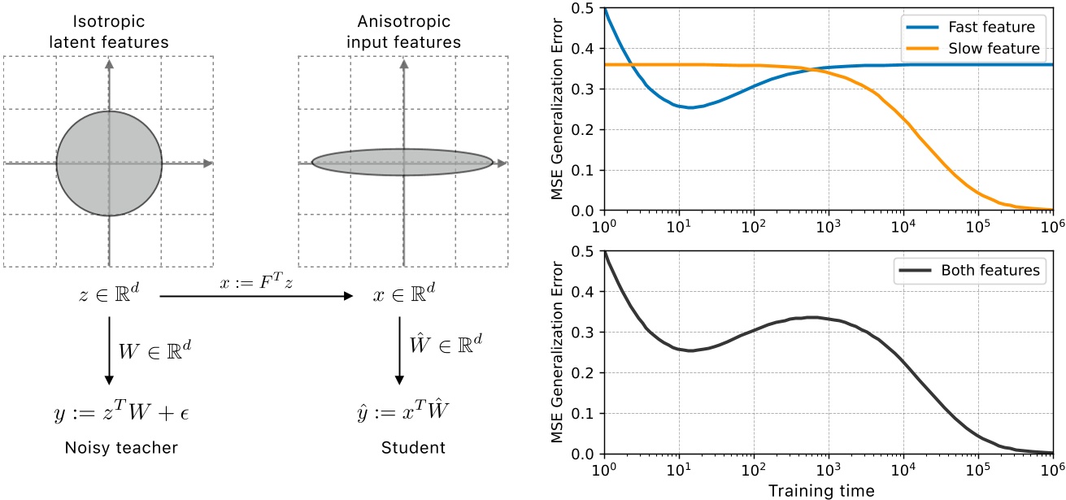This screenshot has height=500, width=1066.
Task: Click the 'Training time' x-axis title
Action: point(829,490)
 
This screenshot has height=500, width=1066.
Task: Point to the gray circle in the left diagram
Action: point(109,163)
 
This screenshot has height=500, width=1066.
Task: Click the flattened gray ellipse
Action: point(403,163)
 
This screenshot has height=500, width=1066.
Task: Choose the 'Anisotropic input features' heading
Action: point(403,32)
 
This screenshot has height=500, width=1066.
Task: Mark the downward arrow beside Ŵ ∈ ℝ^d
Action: point(399,351)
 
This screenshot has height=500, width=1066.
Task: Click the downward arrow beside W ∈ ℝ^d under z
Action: point(108,351)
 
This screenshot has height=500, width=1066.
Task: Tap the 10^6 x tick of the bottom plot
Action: point(1052,469)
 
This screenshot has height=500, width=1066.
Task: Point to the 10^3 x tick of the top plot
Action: point(828,225)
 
